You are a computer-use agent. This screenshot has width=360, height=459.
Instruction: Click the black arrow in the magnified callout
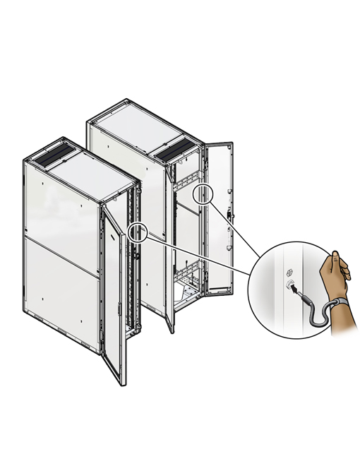tap(292, 288)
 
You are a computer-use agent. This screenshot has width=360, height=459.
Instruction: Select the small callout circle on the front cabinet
tap(138, 232)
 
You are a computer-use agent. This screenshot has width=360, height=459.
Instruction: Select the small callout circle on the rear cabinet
tap(201, 192)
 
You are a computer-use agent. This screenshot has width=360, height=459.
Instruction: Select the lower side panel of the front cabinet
tap(60, 282)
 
